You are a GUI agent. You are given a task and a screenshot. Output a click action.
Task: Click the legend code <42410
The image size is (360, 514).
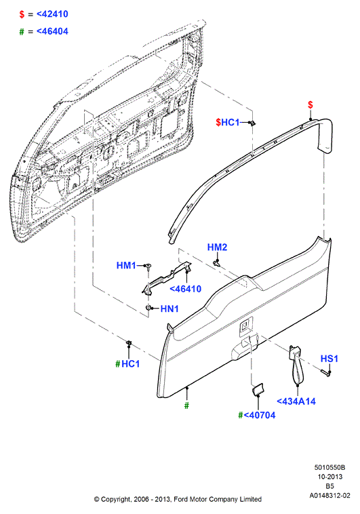coord(52,14)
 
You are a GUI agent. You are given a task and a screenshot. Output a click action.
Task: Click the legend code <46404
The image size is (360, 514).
coord(52,31)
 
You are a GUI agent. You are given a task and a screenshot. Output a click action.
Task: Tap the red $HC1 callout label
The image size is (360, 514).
coord(228,122)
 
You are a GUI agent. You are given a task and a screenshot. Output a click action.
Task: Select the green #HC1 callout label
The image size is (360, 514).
coord(127,364)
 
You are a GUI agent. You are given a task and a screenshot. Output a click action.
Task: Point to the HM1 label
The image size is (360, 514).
coord(126,265)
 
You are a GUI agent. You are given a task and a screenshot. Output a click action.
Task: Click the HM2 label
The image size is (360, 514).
coord(217,247)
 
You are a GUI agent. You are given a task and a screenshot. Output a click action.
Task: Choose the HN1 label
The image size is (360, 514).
coord(169,309)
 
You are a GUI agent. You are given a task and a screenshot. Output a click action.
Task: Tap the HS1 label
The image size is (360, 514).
coord(329,359)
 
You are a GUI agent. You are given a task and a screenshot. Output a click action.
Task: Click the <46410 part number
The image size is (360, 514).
coord(185,289)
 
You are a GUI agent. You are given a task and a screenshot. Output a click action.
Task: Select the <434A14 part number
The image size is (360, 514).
coord(296,401)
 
